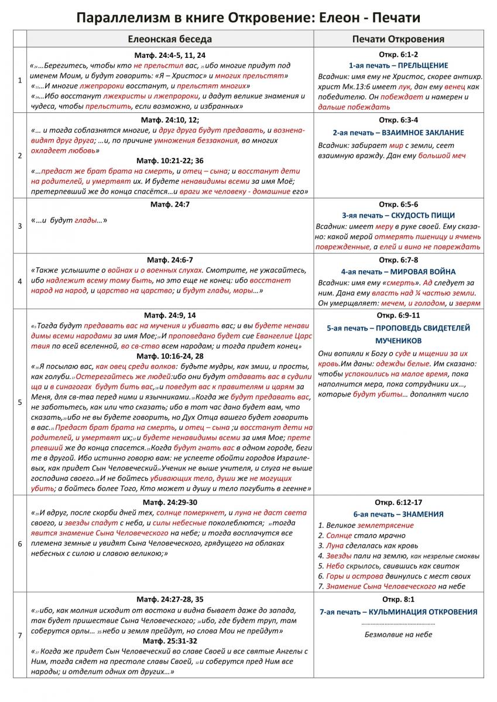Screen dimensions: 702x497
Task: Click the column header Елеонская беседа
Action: coord(170,39)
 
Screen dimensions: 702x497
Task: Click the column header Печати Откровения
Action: coord(398,39)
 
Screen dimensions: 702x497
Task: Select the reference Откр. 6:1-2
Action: coord(399,54)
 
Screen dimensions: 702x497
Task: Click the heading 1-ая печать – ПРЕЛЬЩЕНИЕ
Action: coord(399,66)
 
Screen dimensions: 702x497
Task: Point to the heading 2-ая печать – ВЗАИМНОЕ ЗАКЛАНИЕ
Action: coord(398,133)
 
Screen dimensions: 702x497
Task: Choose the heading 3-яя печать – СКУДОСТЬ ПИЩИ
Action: coord(399,215)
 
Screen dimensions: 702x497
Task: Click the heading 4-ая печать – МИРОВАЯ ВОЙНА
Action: coord(398,271)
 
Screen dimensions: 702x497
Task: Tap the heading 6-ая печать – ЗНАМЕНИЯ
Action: coord(399,514)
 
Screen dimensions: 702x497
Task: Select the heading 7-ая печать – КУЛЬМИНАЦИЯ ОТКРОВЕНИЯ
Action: coord(399,612)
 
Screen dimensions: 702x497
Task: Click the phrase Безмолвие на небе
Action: coord(399,634)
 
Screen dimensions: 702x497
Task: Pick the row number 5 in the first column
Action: coord(20,402)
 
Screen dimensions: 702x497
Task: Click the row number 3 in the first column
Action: coord(20,225)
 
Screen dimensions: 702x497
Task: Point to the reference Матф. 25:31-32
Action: coord(170,641)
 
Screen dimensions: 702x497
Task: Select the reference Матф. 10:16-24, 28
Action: coord(170,356)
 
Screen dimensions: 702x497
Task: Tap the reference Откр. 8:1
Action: coord(399,600)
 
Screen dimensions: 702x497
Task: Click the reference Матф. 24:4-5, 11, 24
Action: coord(170,54)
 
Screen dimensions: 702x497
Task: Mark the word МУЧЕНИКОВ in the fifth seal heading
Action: coord(399,340)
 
